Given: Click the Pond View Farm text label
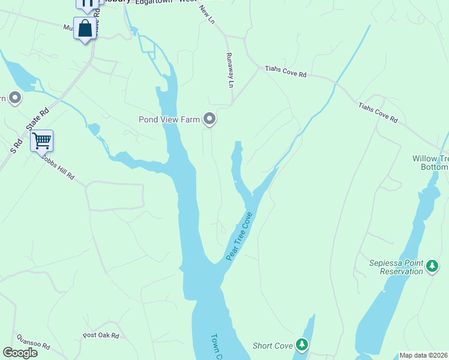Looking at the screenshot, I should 169,120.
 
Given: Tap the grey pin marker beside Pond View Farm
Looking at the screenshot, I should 209,120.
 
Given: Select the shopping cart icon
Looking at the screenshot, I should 42,141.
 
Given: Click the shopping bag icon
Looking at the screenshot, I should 85,28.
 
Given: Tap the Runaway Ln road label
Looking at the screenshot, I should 229,70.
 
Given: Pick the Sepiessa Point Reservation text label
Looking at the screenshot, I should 396,268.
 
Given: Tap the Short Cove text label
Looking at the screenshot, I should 273,346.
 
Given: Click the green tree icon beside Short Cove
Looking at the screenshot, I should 302,345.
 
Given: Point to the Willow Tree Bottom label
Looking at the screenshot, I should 430,163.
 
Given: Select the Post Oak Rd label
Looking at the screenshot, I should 101,335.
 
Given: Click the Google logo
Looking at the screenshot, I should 20,353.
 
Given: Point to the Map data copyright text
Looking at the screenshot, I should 424,355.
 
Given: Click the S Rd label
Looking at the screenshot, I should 18,145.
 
